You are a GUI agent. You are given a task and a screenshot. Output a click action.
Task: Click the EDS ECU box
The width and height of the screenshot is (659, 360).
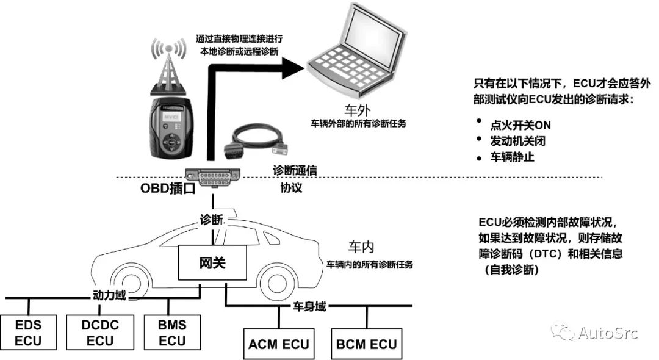click(29, 332)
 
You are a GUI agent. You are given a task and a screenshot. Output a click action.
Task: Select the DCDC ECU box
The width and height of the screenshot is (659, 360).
click(100, 332)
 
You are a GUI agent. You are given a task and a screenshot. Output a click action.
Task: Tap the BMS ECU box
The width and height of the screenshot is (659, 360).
click(172, 332)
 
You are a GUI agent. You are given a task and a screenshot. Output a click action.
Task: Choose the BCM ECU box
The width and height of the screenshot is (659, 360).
click(367, 344)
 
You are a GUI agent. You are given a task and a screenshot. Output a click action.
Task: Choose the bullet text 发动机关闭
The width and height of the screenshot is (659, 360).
click(518, 140)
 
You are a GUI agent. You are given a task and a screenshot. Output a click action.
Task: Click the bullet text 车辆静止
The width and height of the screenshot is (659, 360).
click(511, 156)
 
